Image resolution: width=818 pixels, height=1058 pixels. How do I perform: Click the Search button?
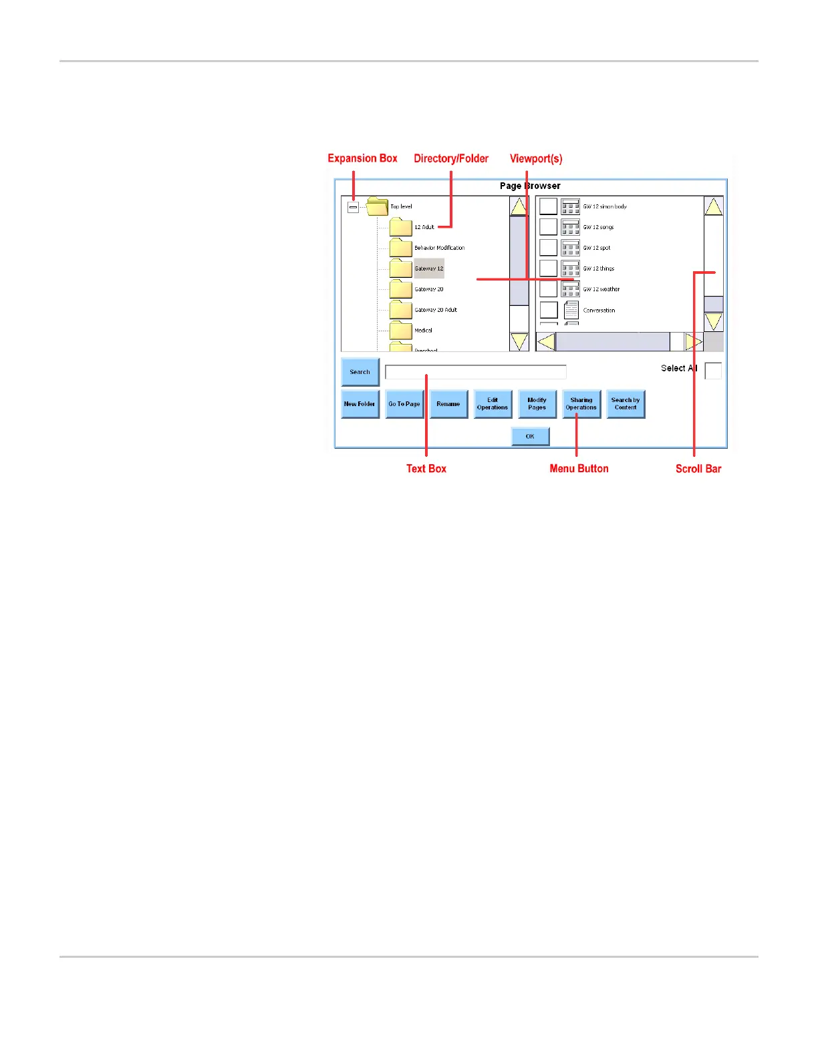(360, 372)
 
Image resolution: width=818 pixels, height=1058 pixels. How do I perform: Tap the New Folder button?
(360, 404)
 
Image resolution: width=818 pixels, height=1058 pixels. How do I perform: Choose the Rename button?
(448, 404)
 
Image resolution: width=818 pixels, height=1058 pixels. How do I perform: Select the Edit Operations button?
(493, 404)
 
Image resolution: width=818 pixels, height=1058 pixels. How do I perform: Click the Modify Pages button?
(537, 404)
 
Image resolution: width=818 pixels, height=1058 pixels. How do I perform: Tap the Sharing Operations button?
(581, 404)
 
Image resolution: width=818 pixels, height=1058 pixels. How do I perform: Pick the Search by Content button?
(626, 404)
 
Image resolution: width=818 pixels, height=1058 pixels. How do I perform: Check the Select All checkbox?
(713, 371)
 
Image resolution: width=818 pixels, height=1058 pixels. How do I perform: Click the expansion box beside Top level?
(353, 207)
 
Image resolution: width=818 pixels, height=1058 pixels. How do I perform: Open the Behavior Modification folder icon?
(401, 248)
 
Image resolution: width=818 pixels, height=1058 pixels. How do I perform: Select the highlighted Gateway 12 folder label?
(429, 269)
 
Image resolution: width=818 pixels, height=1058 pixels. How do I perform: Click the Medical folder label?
(423, 331)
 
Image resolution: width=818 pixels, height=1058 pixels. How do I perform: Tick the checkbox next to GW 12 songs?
(548, 227)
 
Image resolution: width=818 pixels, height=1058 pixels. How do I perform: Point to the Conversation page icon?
(571, 310)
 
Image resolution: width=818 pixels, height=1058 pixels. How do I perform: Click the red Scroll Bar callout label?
(698, 469)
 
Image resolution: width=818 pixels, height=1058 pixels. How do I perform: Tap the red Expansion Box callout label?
(362, 158)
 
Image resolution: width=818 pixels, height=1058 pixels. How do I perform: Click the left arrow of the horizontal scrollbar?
(546, 342)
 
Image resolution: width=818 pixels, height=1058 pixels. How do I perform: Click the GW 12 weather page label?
(601, 289)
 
